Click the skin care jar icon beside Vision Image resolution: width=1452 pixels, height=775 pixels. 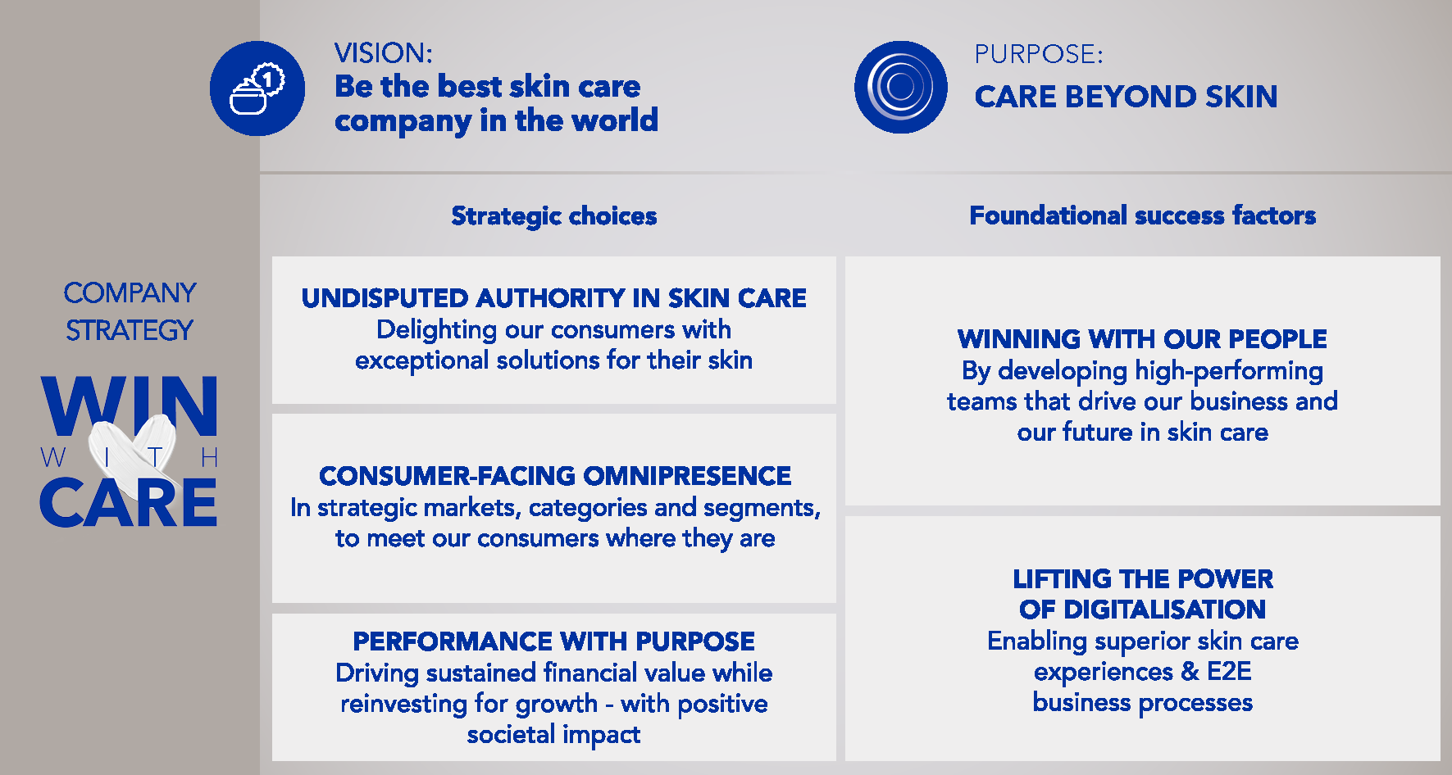coord(257,88)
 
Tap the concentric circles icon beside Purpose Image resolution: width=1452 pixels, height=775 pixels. coord(901,87)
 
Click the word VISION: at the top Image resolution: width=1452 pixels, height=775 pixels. coord(383,53)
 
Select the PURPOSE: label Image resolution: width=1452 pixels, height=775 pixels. coord(1039,54)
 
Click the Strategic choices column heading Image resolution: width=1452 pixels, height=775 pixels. coord(554,216)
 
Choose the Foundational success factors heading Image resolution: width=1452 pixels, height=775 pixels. coord(1142,215)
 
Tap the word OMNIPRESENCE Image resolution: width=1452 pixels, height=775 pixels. coord(687,476)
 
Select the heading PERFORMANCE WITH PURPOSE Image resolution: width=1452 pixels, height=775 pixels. coord(554,641)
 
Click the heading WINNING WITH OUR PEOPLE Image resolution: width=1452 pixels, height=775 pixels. coord(1142,339)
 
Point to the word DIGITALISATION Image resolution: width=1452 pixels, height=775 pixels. coord(1165,610)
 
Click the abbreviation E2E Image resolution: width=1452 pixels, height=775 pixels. coord(1229,672)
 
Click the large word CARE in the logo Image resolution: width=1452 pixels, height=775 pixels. coord(129,502)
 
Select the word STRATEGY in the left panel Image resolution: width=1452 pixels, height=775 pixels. coord(130,331)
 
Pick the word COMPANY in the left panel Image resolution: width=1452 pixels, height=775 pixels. coord(130,293)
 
